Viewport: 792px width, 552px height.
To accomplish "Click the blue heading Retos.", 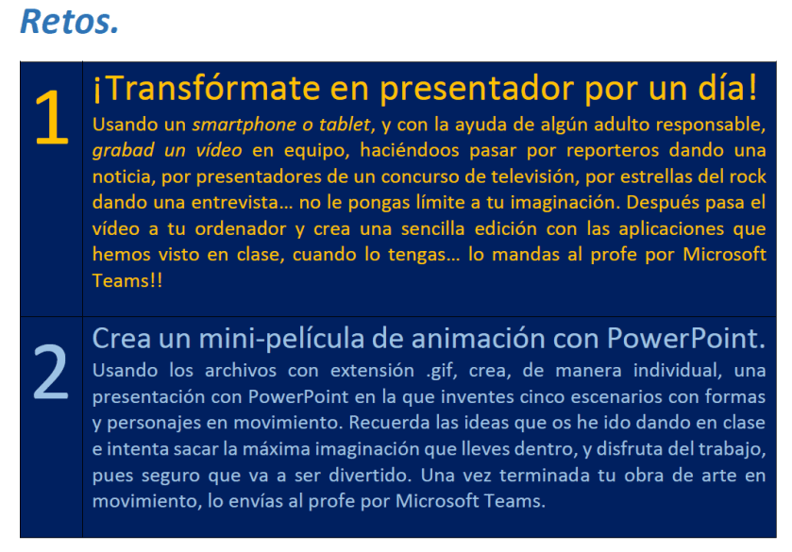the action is pos(69,22).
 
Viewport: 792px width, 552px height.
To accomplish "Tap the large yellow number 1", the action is pos(52,117).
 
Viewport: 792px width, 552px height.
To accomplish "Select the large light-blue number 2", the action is pos(51,372).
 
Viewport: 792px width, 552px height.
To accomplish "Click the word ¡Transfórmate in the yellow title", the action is pos(207,88).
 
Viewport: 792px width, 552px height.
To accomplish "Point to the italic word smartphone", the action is pos(244,125).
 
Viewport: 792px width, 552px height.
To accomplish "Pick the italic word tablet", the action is pos(347,125).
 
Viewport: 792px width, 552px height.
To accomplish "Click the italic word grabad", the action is pos(124,151).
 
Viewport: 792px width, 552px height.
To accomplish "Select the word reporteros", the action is pos(613,151).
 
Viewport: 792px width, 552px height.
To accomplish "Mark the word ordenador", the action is pos(241,228).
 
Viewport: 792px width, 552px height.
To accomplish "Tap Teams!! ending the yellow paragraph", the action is pos(127,280).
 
